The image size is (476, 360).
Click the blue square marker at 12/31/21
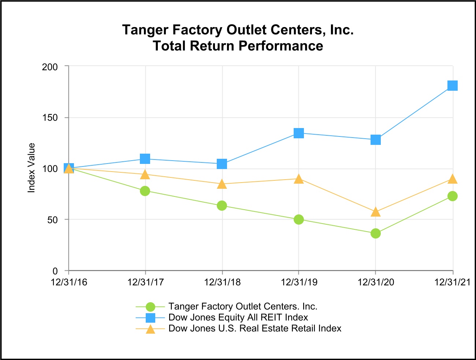(x=453, y=86)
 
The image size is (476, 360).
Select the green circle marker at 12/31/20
(x=376, y=233)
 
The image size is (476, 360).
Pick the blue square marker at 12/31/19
(x=299, y=133)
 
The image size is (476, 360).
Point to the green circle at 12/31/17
(x=145, y=191)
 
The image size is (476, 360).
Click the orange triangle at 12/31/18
(x=222, y=184)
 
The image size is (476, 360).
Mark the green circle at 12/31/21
(x=453, y=196)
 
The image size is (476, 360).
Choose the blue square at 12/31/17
(x=145, y=159)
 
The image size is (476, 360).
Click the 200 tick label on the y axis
(x=50, y=67)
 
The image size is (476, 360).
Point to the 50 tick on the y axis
(x=53, y=220)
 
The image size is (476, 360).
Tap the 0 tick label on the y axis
(x=55, y=271)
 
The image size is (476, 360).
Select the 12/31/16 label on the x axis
(x=69, y=282)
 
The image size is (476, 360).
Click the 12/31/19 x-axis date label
(x=299, y=282)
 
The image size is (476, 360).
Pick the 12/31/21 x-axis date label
(x=452, y=282)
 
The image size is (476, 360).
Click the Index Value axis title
(x=31, y=168)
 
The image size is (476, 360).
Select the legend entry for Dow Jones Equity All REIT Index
(x=238, y=318)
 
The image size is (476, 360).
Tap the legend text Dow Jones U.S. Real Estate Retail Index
(x=255, y=329)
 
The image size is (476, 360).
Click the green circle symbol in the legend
(x=150, y=307)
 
